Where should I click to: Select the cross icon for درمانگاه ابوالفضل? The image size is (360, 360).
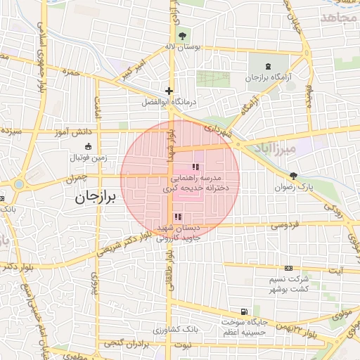tap(168, 90)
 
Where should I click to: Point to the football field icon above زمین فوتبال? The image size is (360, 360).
tap(88, 147)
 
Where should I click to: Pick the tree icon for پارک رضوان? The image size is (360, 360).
tap(294, 176)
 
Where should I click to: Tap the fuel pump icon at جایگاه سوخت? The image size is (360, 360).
tap(244, 312)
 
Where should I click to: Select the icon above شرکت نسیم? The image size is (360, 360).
tap(288, 269)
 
